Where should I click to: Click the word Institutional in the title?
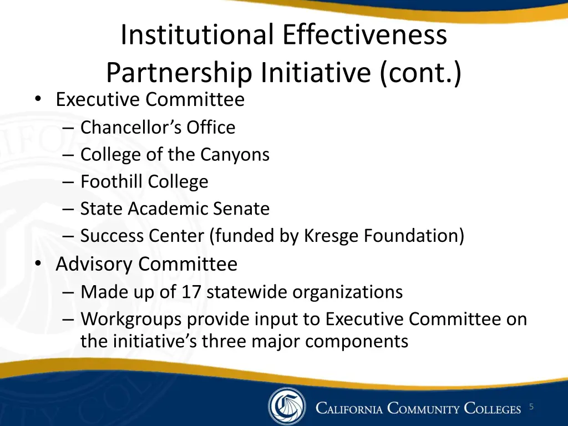[197, 35]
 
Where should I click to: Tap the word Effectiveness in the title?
[364, 35]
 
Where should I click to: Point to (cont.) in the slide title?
[421, 73]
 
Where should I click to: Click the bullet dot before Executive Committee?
[37, 99]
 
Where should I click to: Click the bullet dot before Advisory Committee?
[37, 264]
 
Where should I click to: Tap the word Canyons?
[234, 154]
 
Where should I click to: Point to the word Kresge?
[331, 236]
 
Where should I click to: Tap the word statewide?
[247, 292]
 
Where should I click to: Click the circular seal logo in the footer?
[286, 407]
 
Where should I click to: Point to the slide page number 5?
[531, 407]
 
